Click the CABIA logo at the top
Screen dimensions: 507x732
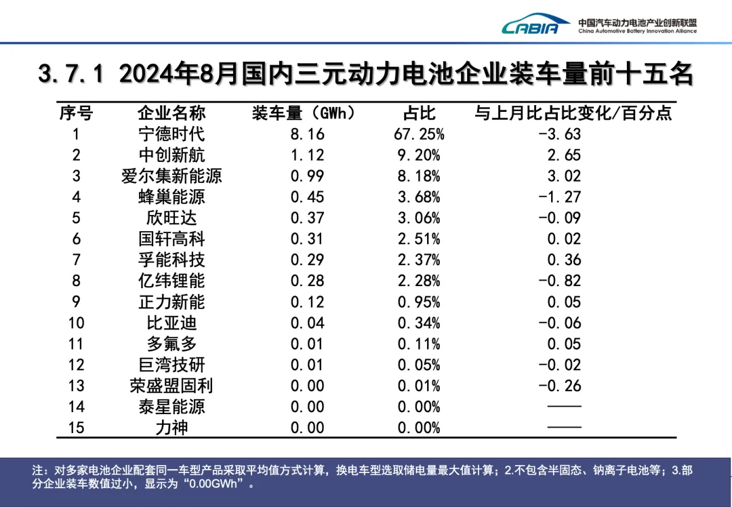[535, 26]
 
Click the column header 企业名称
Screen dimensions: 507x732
[171, 113]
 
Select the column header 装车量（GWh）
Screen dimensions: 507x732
[304, 113]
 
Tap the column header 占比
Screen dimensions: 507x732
[419, 113]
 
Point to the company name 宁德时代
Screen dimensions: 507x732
[171, 134]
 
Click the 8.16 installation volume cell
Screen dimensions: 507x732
[307, 134]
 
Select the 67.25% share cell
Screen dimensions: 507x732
[419, 134]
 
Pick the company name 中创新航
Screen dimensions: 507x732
[171, 155]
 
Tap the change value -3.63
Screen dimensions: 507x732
[559, 134]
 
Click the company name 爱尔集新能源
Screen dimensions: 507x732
[171, 176]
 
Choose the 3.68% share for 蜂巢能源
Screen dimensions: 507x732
[419, 197]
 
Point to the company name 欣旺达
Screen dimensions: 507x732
[171, 218]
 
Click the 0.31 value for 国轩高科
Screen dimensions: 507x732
[307, 239]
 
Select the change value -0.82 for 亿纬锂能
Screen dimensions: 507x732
[559, 281]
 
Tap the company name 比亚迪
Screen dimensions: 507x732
[171, 323]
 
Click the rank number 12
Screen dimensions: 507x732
[76, 365]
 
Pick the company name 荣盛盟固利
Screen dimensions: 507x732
[171, 386]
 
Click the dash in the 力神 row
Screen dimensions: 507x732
[565, 428]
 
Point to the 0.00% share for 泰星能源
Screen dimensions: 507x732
[419, 407]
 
